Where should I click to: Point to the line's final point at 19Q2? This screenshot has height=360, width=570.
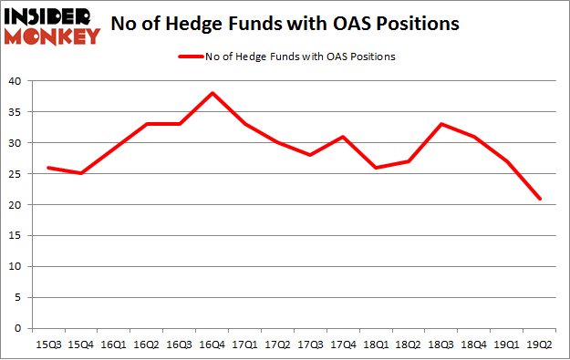539,198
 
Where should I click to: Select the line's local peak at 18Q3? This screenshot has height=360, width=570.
442,124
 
